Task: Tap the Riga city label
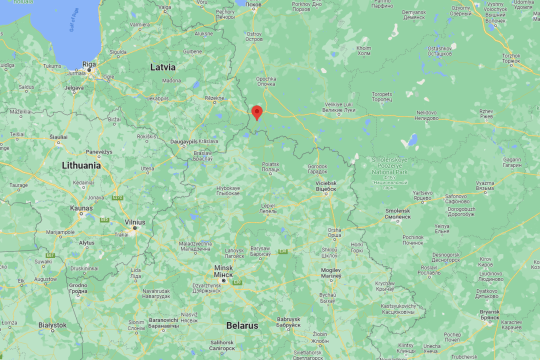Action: click(89, 63)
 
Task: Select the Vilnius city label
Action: click(134, 222)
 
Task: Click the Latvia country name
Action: click(163, 67)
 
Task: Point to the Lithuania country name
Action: click(81, 165)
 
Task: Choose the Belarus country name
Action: click(242, 325)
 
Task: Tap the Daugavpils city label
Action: click(184, 141)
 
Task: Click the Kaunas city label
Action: click(81, 208)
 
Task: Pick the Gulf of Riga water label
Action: click(74, 22)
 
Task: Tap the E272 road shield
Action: click(117, 197)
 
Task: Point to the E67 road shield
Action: click(49, 255)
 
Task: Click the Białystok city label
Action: click(52, 325)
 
